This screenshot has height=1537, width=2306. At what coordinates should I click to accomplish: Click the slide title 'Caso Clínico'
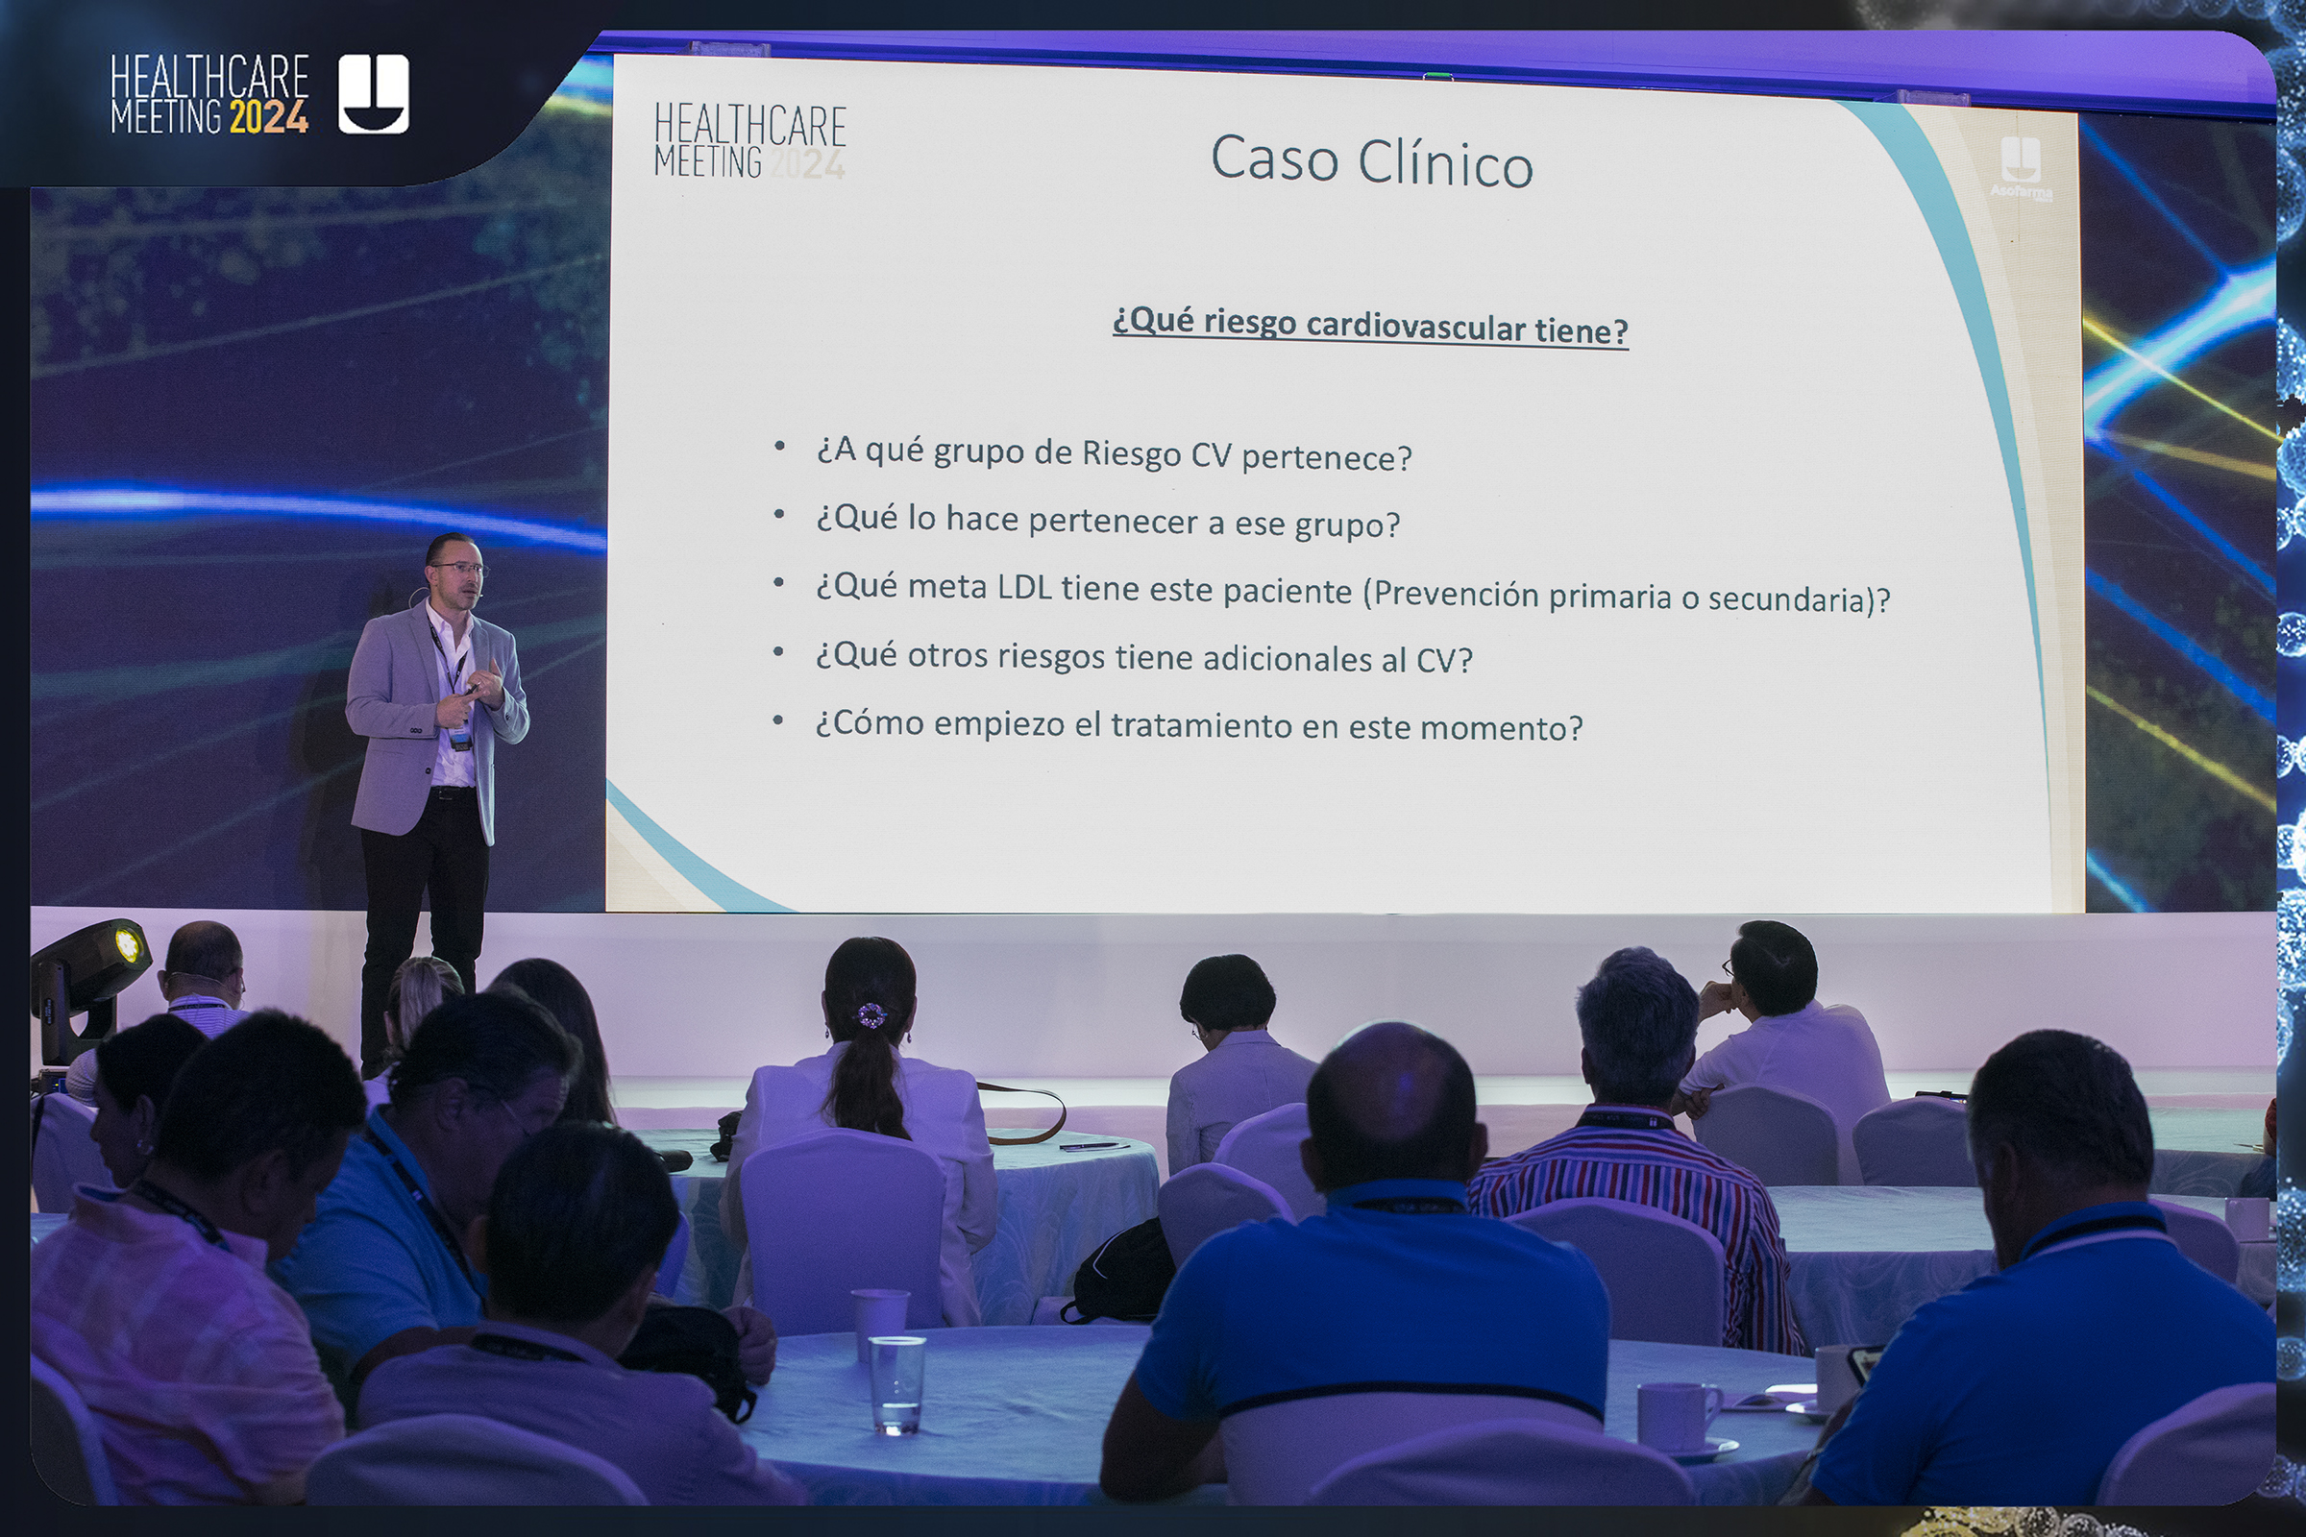(1372, 160)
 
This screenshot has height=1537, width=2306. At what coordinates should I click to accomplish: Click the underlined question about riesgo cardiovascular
(1371, 326)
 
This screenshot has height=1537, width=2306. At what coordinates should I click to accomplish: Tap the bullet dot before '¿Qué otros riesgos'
(778, 652)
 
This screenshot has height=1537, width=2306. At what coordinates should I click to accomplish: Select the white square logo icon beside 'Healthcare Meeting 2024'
(374, 93)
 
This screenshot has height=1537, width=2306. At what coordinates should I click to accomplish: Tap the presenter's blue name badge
(460, 735)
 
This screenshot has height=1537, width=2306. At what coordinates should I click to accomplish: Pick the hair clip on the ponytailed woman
(869, 1016)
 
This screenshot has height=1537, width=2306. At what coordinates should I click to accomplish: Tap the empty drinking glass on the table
(896, 1385)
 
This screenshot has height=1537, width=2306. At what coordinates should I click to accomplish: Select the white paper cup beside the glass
(878, 1323)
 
